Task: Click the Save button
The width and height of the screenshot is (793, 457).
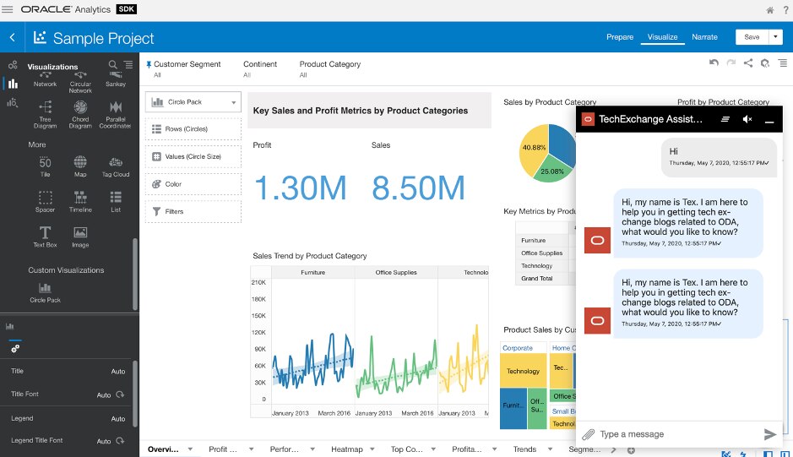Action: (751, 37)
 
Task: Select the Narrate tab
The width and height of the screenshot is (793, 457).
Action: (704, 37)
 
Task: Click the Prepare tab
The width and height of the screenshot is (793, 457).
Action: (619, 37)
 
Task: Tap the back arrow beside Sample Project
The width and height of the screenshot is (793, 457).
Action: (13, 38)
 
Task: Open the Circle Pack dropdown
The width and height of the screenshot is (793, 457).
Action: (193, 102)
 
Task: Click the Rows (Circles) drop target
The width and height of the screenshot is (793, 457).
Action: (193, 129)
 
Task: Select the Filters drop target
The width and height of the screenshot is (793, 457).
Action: (193, 211)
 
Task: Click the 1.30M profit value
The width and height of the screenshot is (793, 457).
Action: (299, 188)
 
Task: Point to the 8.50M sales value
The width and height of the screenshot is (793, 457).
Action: (418, 188)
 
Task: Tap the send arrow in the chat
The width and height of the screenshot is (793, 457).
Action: (769, 434)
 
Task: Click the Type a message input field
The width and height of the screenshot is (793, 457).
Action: (676, 434)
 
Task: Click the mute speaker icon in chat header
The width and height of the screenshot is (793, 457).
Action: (747, 120)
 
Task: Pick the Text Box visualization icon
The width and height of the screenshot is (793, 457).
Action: (45, 236)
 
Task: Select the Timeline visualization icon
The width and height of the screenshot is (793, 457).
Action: (80, 200)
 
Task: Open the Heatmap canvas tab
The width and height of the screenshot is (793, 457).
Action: (346, 449)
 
